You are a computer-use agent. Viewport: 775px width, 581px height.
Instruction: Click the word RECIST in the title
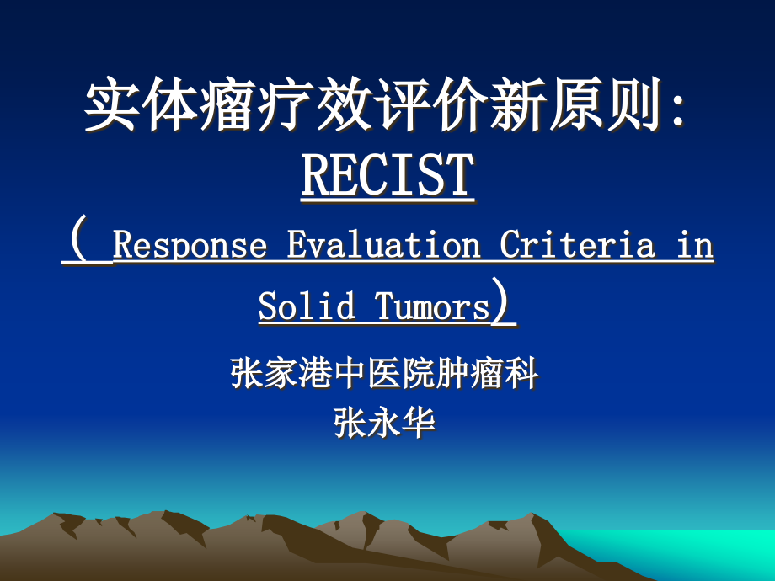point(387,176)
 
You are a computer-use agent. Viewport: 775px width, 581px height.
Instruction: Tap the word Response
point(190,246)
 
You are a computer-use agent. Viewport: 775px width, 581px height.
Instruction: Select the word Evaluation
point(384,246)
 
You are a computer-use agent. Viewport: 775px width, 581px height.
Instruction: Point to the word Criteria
point(577,246)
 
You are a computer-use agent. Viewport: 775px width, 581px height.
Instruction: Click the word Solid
point(307,307)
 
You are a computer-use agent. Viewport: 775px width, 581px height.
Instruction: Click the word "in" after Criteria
point(695,246)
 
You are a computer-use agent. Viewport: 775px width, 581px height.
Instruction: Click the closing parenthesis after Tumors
point(503,306)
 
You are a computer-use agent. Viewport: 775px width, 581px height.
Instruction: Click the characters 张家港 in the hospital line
point(282,373)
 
